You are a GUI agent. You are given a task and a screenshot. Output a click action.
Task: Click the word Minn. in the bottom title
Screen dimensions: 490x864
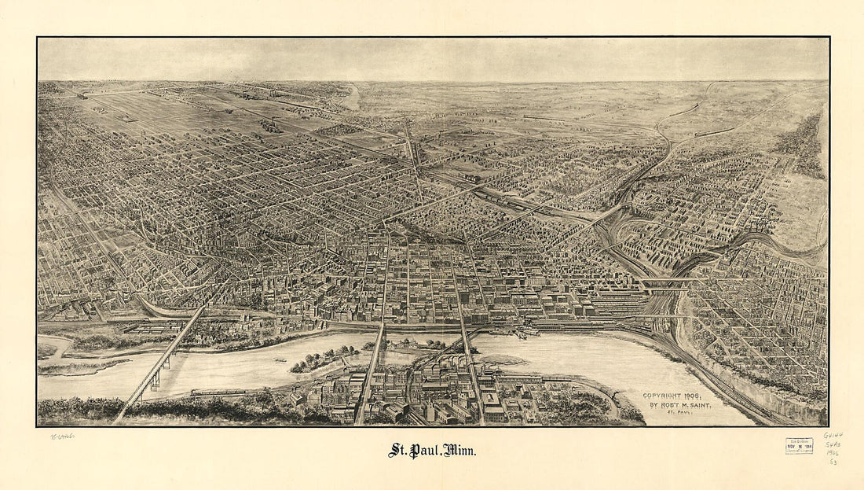pyautogui.click(x=459, y=451)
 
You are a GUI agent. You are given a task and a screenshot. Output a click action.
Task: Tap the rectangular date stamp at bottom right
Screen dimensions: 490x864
pyautogui.click(x=799, y=446)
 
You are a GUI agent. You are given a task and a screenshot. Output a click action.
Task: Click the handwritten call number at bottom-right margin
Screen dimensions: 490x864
pyautogui.click(x=832, y=448)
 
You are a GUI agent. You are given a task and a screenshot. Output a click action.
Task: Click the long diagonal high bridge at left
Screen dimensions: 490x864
pyautogui.click(x=161, y=362)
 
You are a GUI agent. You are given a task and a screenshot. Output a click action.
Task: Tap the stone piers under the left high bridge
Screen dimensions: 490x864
pyautogui.click(x=156, y=381)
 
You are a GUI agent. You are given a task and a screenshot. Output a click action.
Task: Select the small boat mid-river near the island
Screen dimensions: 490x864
pyautogui.click(x=280, y=361)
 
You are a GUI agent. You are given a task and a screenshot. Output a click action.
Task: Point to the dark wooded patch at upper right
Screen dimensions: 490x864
pyautogui.click(x=801, y=146)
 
